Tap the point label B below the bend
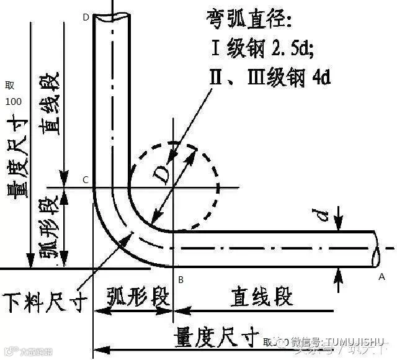[181, 281]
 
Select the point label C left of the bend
[86, 180]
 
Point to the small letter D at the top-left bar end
[86, 17]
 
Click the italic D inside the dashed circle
[163, 175]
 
